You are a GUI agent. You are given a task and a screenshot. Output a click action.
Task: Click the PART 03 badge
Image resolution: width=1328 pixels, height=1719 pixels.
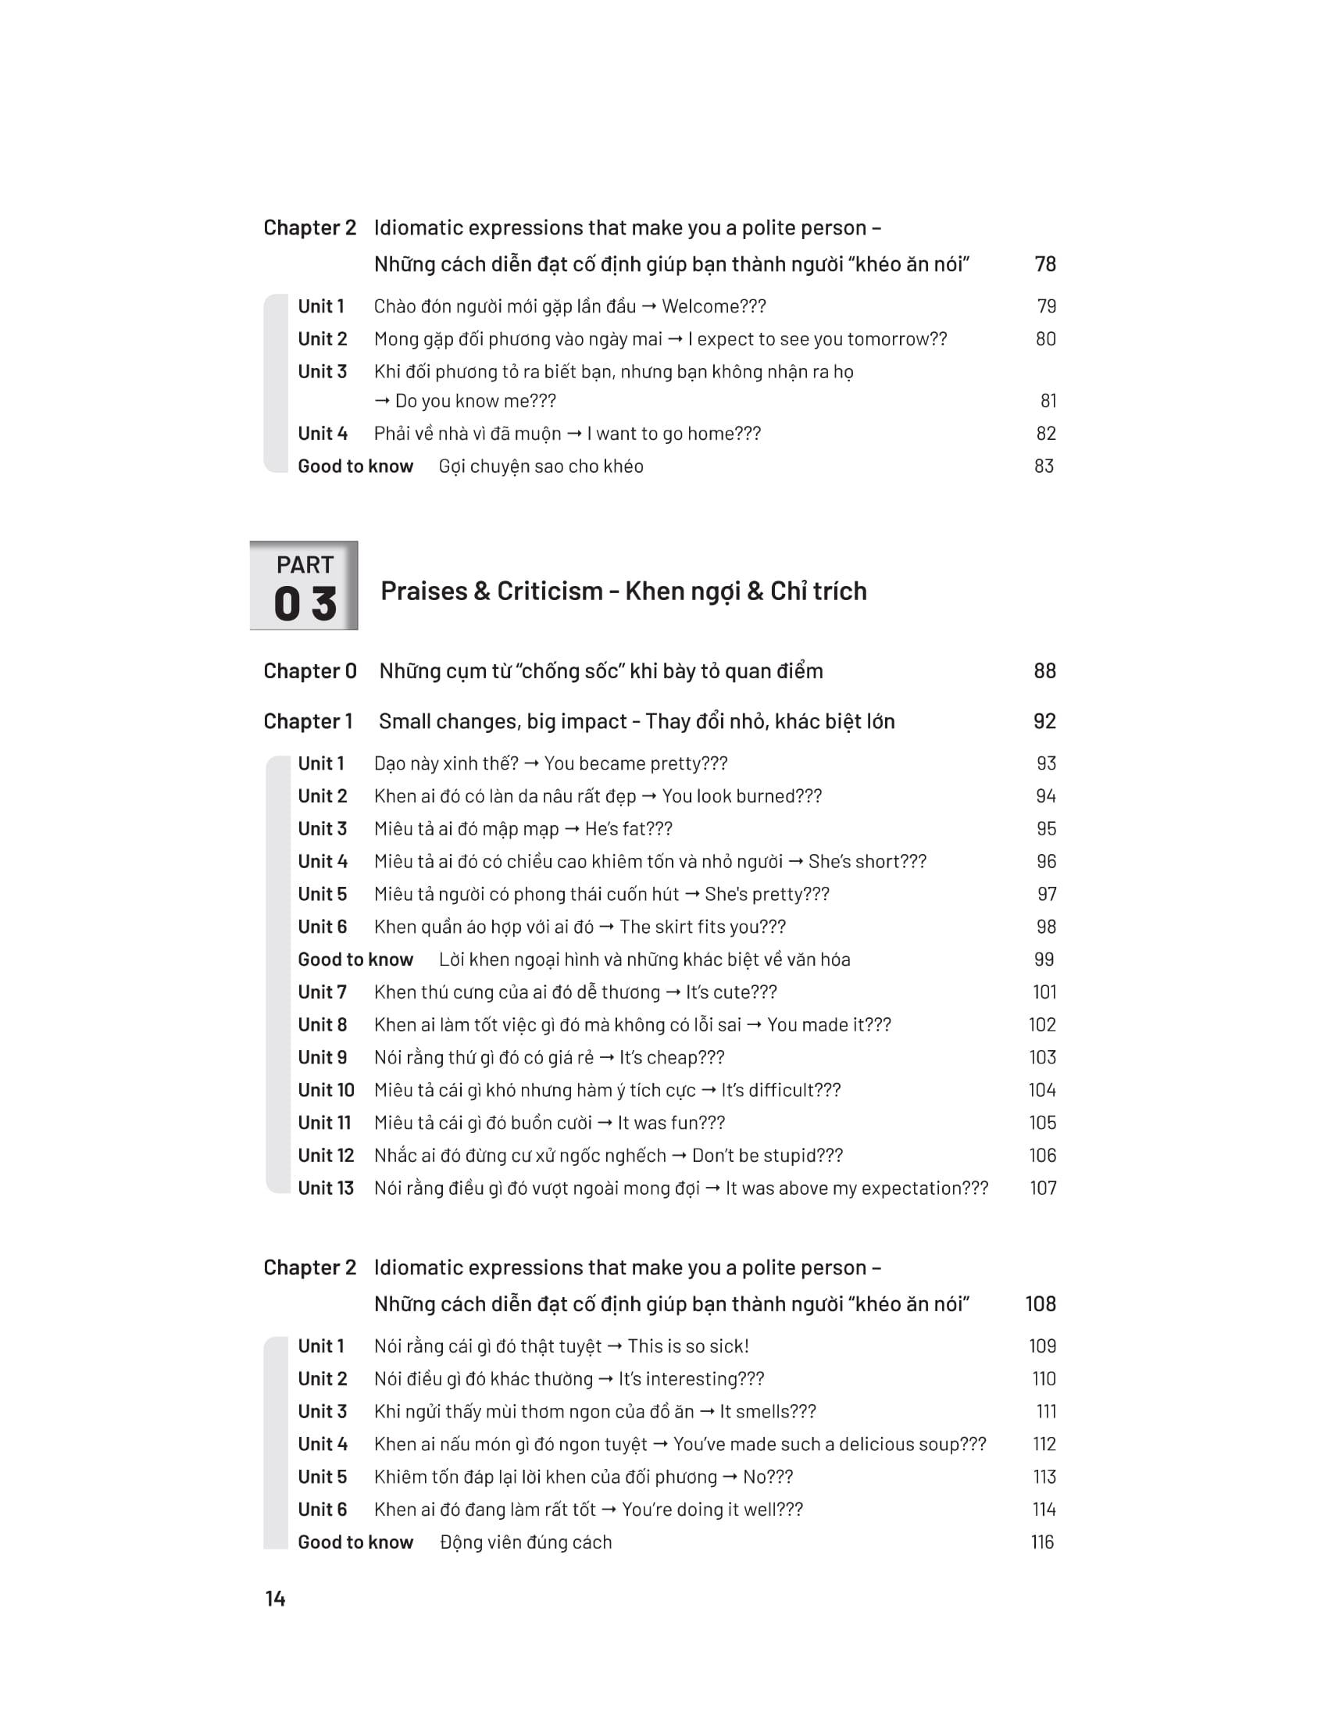click(304, 585)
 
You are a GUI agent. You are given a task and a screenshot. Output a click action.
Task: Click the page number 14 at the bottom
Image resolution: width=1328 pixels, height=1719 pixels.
click(274, 1599)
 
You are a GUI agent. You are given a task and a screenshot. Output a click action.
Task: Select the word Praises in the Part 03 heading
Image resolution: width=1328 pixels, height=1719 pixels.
click(423, 591)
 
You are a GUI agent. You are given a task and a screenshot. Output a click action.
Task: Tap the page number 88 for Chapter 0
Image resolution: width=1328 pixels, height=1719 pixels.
click(1044, 670)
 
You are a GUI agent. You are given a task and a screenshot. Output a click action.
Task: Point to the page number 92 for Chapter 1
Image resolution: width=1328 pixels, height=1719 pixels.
click(1044, 721)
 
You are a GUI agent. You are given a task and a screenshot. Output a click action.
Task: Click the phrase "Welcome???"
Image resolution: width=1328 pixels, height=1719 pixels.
click(713, 306)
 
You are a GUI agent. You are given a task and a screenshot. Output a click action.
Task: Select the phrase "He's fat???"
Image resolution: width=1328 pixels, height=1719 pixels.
click(628, 829)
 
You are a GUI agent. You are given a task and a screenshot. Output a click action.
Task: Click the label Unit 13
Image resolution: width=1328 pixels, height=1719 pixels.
click(326, 1188)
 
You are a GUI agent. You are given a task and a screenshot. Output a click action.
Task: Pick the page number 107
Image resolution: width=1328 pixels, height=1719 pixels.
click(1043, 1188)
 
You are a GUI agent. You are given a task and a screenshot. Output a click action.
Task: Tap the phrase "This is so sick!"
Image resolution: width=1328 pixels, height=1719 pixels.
click(687, 1346)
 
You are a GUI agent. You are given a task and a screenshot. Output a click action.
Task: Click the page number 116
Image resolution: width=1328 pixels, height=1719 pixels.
click(1042, 1542)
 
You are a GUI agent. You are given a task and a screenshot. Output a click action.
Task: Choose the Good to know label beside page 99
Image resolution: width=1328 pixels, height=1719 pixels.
click(355, 960)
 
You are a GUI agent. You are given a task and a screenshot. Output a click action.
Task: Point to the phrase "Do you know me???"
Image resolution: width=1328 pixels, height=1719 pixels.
click(475, 401)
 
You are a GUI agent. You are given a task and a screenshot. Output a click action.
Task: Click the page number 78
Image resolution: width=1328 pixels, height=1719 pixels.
click(1044, 264)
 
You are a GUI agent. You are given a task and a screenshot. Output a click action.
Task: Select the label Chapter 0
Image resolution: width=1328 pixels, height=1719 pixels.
click(310, 670)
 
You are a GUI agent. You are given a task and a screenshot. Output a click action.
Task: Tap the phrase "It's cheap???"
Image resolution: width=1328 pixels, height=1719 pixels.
click(671, 1057)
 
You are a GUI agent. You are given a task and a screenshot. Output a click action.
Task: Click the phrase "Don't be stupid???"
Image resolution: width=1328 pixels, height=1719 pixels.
click(767, 1156)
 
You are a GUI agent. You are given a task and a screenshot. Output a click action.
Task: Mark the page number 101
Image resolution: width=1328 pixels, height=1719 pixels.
click(1044, 992)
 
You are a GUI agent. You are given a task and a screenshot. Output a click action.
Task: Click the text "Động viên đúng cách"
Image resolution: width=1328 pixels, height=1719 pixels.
click(526, 1542)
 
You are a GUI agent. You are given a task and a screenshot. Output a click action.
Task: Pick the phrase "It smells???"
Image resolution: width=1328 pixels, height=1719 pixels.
click(767, 1411)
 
